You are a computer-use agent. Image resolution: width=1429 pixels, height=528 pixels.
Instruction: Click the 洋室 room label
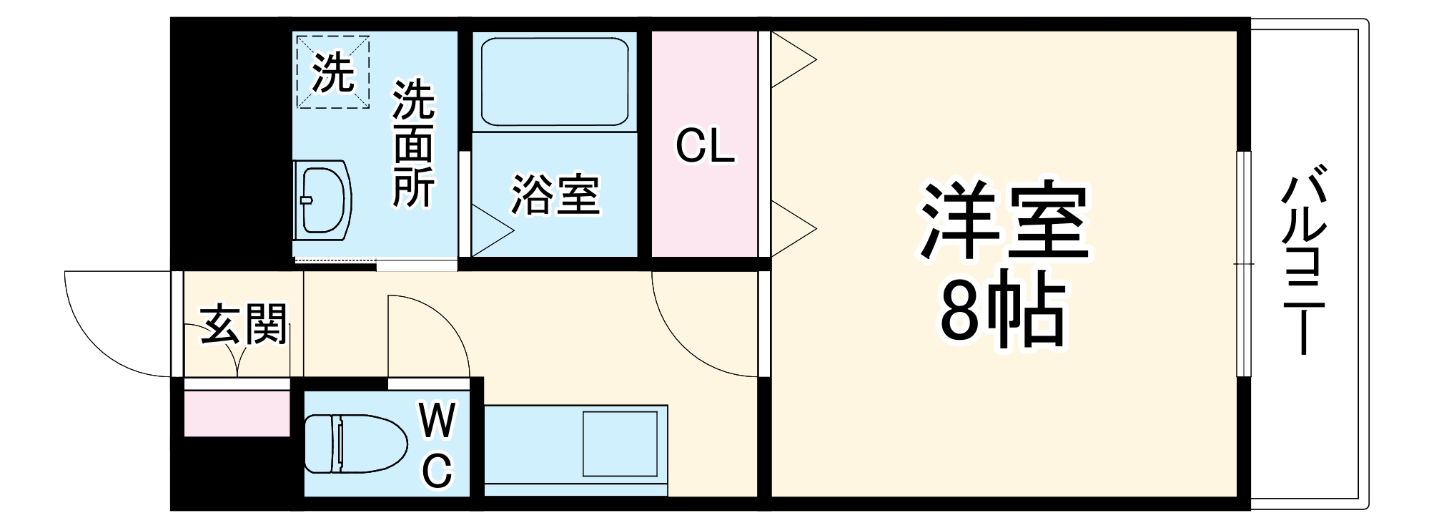tap(1004, 221)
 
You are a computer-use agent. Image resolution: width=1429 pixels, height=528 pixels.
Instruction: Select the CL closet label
tap(705, 147)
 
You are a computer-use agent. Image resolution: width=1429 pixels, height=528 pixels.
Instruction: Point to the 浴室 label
tap(555, 195)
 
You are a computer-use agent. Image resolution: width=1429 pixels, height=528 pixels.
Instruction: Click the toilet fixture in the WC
tap(354, 444)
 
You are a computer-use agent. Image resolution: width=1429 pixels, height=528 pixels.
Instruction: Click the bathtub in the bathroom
tap(554, 82)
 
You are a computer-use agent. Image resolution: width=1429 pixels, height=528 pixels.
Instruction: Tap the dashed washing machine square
tap(333, 72)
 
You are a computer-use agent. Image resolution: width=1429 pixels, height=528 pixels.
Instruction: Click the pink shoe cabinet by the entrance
tap(237, 414)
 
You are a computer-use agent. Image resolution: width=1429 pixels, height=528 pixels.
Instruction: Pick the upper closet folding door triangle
tap(792, 61)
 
